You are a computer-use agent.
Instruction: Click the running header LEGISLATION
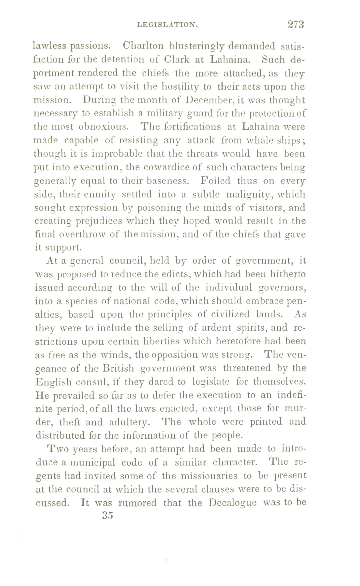tap(167, 25)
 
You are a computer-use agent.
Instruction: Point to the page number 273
tap(296, 24)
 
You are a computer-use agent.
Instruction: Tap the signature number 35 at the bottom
tap(107, 515)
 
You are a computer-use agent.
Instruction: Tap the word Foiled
tap(216, 181)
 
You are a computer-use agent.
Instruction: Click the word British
tap(117, 368)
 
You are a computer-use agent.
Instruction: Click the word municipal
tap(92, 462)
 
